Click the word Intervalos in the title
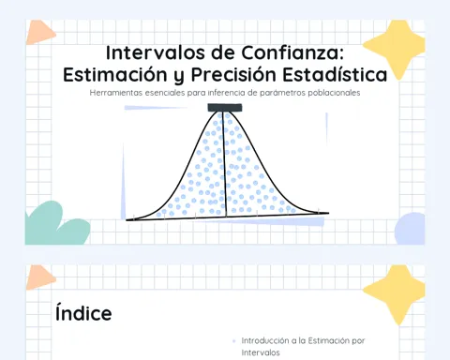click(156, 52)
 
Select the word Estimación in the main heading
click(115, 74)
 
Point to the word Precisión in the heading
click(233, 74)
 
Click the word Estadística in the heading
click(335, 74)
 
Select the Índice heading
click(83, 313)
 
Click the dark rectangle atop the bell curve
click(225, 108)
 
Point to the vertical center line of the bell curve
click(224, 164)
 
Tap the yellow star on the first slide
click(396, 48)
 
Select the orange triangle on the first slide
click(39, 33)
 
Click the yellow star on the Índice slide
click(396, 293)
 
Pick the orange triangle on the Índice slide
click(39, 277)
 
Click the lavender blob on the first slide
click(410, 229)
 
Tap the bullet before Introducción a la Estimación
click(234, 341)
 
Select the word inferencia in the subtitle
click(224, 93)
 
